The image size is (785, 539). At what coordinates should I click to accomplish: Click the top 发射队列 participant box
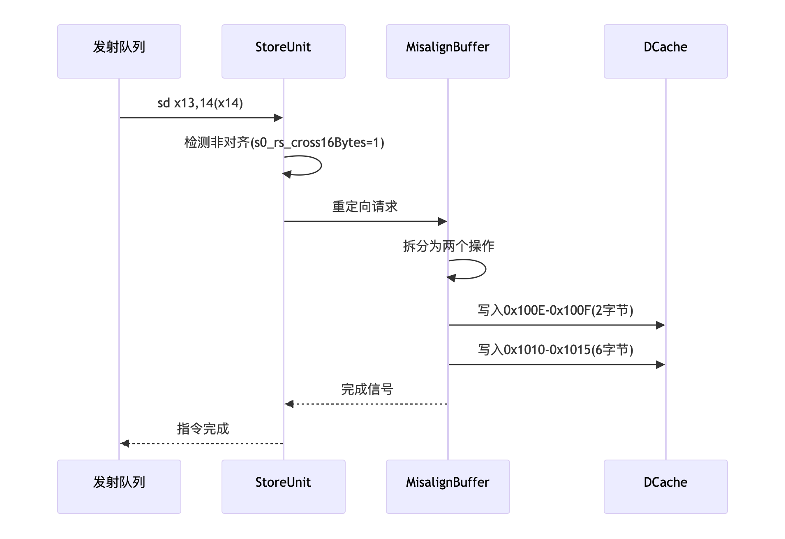tap(119, 51)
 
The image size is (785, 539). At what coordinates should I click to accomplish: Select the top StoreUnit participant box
tap(284, 51)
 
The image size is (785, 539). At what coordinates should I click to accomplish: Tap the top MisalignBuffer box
tap(448, 51)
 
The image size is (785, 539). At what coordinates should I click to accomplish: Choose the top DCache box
tap(665, 51)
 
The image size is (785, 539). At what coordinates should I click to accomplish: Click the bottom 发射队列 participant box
tap(119, 486)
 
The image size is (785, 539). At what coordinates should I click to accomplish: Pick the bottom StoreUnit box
tap(284, 486)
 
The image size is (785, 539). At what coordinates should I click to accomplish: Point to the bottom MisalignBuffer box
tap(448, 486)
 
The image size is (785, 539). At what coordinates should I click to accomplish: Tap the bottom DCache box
tap(665, 486)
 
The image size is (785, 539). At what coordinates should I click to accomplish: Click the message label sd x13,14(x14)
tap(200, 103)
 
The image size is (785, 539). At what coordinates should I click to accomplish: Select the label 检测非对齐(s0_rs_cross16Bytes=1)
tap(284, 142)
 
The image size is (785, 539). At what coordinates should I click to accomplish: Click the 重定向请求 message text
tap(365, 207)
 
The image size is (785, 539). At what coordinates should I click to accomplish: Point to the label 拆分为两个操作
tap(448, 246)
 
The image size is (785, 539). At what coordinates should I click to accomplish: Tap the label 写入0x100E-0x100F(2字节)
tap(555, 310)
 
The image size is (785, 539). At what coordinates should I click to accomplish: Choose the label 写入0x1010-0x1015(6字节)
tap(555, 350)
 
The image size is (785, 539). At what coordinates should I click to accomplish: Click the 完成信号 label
tap(367, 389)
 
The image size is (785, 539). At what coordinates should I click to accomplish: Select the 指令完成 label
tap(203, 429)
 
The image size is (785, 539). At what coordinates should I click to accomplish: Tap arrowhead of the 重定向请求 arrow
tap(443, 221)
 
